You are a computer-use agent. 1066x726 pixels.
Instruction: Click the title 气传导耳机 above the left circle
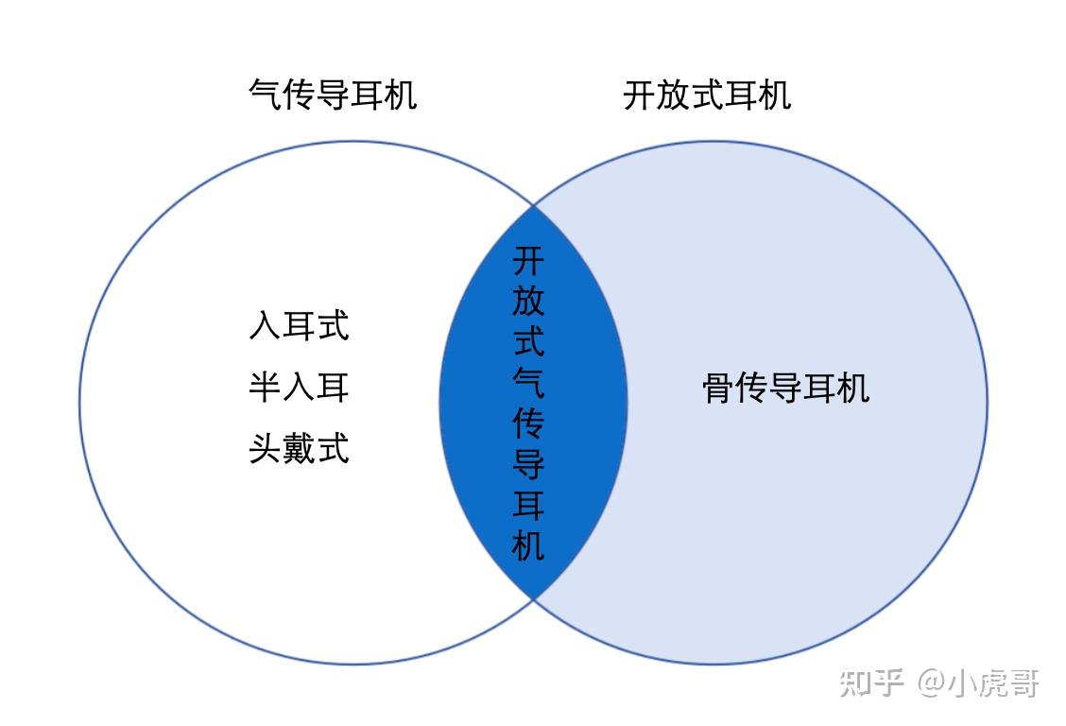click(x=332, y=95)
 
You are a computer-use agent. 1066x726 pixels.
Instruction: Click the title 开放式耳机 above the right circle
click(x=707, y=95)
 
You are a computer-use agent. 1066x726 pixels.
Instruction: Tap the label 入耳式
click(x=299, y=326)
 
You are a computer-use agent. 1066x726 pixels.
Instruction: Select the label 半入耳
click(x=299, y=387)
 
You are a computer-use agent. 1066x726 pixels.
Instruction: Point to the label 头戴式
click(x=299, y=447)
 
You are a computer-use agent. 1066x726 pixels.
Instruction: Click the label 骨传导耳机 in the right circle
click(x=785, y=389)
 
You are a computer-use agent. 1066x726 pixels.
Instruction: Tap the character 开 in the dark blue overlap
click(x=528, y=259)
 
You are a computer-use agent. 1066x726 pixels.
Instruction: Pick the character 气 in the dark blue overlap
click(x=528, y=382)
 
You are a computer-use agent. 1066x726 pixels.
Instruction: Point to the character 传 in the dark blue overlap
click(x=528, y=423)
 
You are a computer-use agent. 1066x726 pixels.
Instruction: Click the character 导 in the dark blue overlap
click(x=528, y=464)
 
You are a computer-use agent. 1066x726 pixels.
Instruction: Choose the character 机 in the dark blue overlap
click(x=528, y=545)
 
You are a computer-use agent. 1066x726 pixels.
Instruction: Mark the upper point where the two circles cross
click(x=534, y=205)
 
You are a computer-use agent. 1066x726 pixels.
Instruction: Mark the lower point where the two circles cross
click(x=534, y=598)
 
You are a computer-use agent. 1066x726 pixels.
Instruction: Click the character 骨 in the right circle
click(x=719, y=389)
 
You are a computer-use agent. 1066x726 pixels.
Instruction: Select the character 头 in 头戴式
click(x=266, y=447)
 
